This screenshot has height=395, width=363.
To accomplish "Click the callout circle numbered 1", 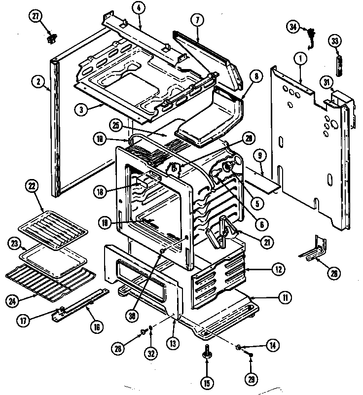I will (x=298, y=58).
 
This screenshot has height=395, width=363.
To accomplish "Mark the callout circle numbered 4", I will (x=140, y=8).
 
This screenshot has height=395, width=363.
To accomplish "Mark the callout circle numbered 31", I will (x=326, y=81).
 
